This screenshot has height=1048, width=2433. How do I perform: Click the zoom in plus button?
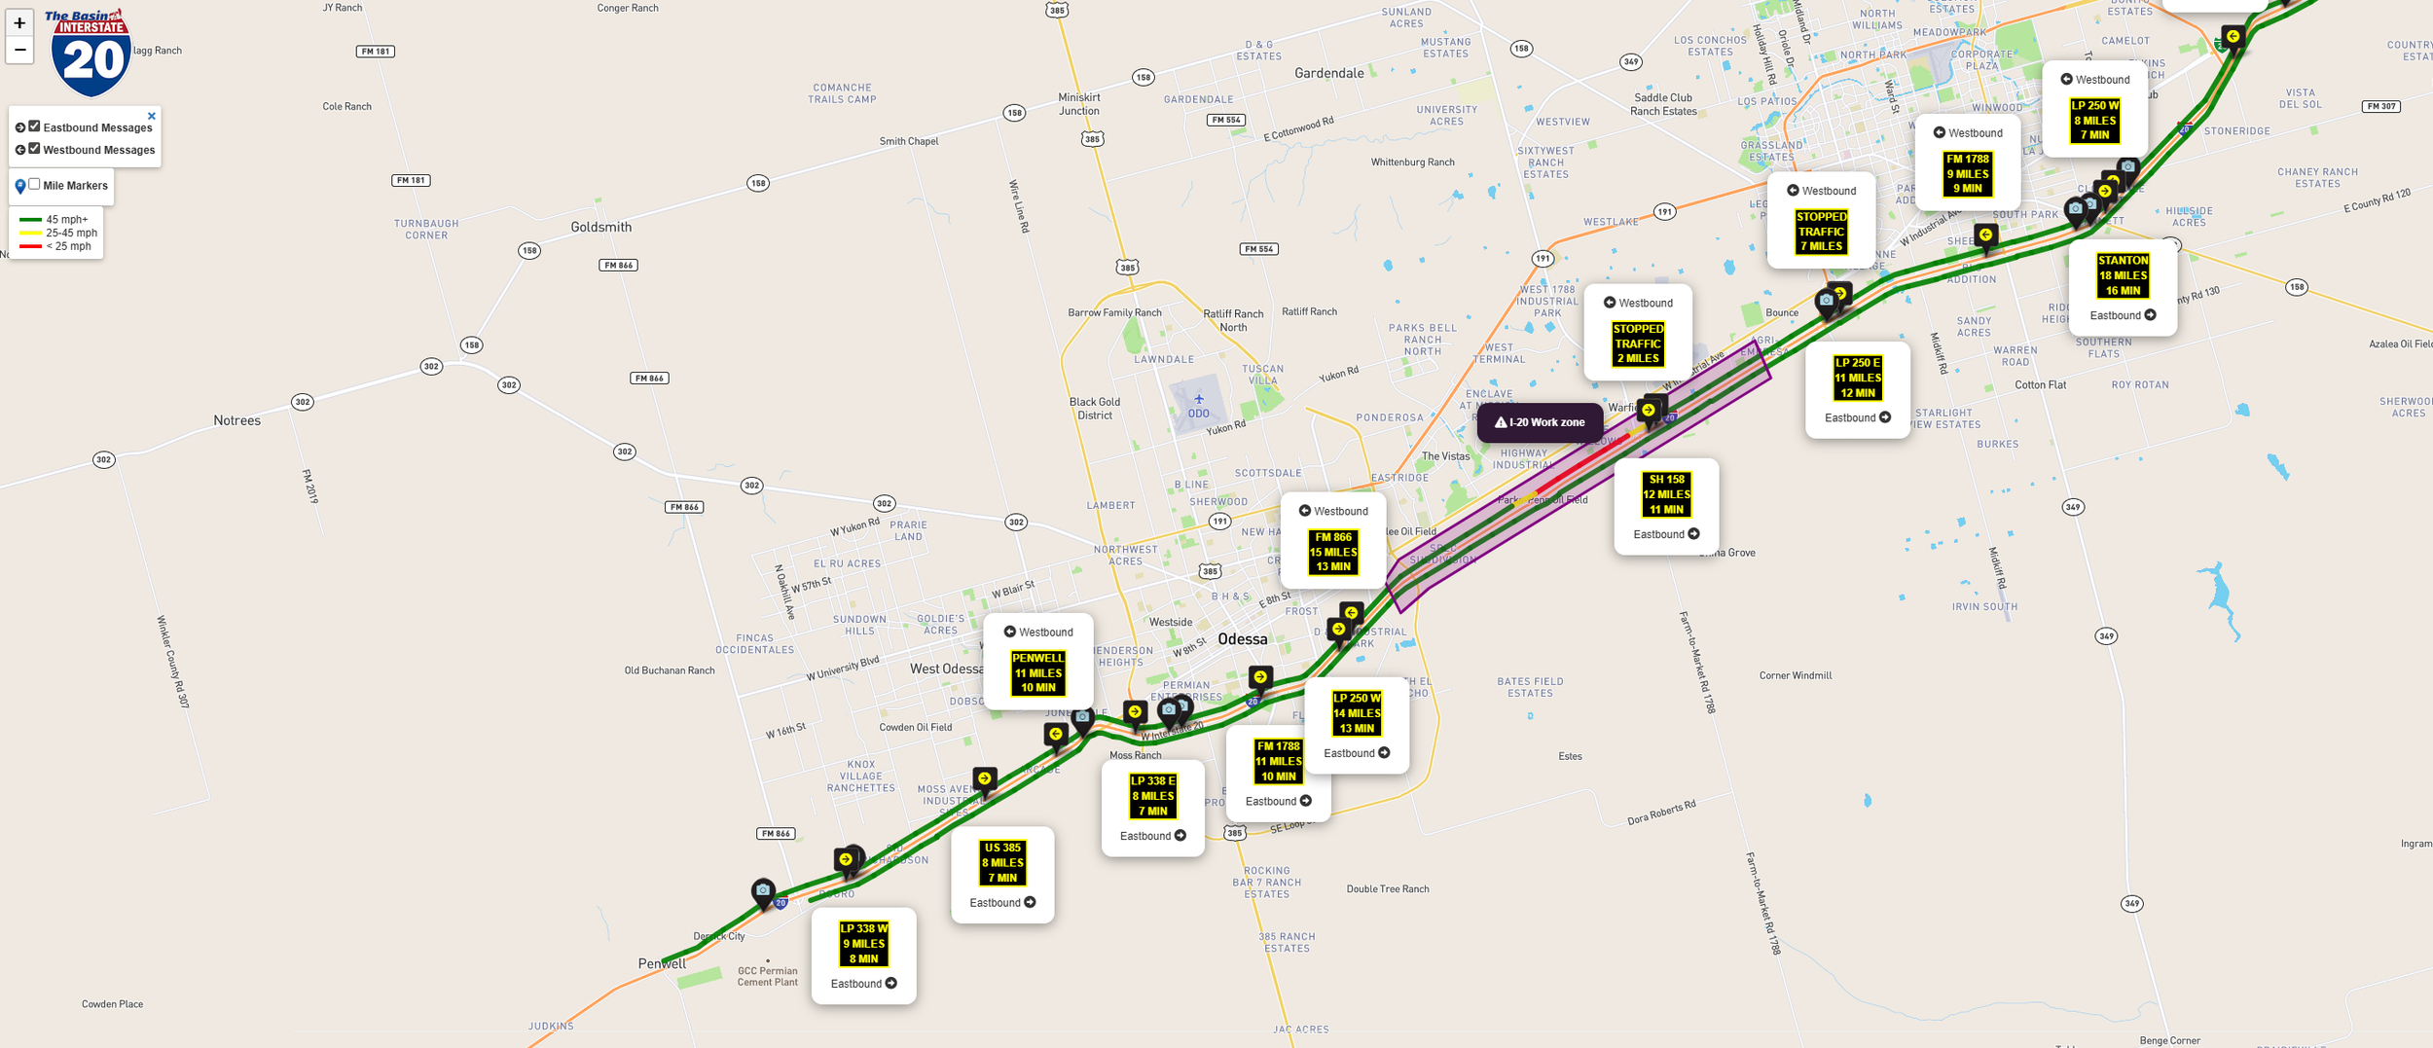coord(19,23)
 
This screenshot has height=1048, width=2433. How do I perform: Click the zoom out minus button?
coord(19,50)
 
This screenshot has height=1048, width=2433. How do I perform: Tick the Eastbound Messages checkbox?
coord(34,126)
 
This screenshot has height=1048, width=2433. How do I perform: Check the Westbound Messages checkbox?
coord(34,149)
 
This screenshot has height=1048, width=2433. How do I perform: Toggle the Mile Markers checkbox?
coord(34,184)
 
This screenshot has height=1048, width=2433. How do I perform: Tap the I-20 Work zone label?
coord(1540,422)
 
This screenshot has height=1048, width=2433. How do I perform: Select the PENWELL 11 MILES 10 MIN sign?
coord(1038,672)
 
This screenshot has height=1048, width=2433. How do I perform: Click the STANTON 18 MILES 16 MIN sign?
coord(2123,275)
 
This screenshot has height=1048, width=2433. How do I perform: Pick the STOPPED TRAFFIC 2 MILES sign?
coord(1638,343)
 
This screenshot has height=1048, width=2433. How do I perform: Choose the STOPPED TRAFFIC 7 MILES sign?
coord(1821,232)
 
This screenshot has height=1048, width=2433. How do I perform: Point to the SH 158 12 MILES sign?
coord(1666,494)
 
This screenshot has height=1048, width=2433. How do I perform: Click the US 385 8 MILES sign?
coord(1002,863)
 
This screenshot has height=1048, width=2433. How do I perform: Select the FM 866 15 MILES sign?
coord(1333,552)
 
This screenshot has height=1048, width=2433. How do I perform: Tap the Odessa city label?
coord(1243,639)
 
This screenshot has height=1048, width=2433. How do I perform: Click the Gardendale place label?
coord(1328,73)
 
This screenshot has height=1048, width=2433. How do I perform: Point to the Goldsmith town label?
coord(600,227)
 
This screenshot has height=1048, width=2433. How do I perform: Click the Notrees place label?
coord(236,420)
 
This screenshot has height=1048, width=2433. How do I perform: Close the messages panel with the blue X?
coord(151,116)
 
